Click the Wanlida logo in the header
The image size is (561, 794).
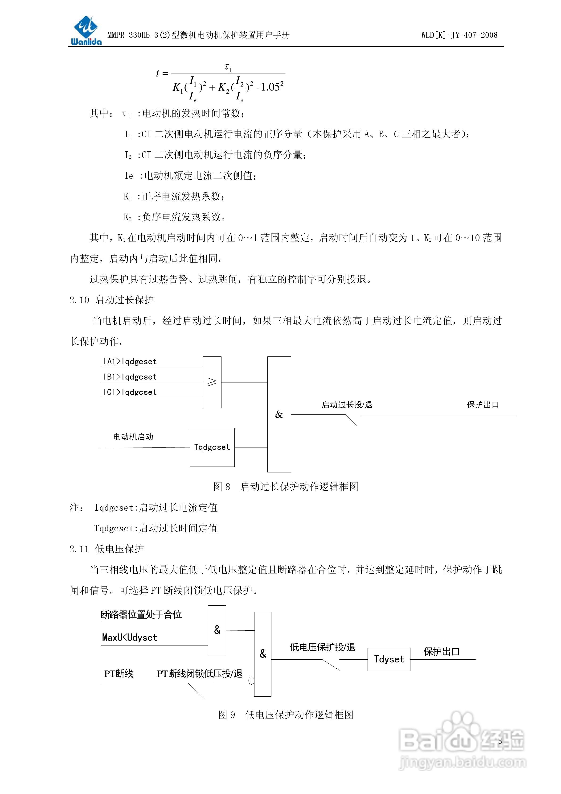click(x=86, y=30)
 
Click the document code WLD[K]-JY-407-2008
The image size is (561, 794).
click(x=459, y=35)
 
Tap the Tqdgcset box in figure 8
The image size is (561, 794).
click(x=212, y=447)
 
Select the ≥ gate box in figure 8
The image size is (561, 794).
click(x=212, y=382)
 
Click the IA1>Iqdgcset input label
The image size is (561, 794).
click(x=130, y=362)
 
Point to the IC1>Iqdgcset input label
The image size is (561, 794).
click(x=130, y=392)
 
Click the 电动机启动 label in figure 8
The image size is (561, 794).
click(x=133, y=437)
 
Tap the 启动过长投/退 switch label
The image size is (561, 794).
click(x=347, y=405)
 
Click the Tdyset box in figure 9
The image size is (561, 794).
click(x=389, y=659)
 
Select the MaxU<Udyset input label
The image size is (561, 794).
click(x=130, y=637)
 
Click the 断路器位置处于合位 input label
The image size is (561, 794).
click(x=141, y=615)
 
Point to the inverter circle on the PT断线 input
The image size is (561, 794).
click(x=251, y=681)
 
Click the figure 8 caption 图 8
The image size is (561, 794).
click(x=221, y=487)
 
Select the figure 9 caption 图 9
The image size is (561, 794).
click(x=226, y=715)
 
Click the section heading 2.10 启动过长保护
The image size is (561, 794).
click(x=112, y=300)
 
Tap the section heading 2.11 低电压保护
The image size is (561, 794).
click(x=107, y=549)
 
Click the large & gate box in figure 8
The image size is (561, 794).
click(x=279, y=414)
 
